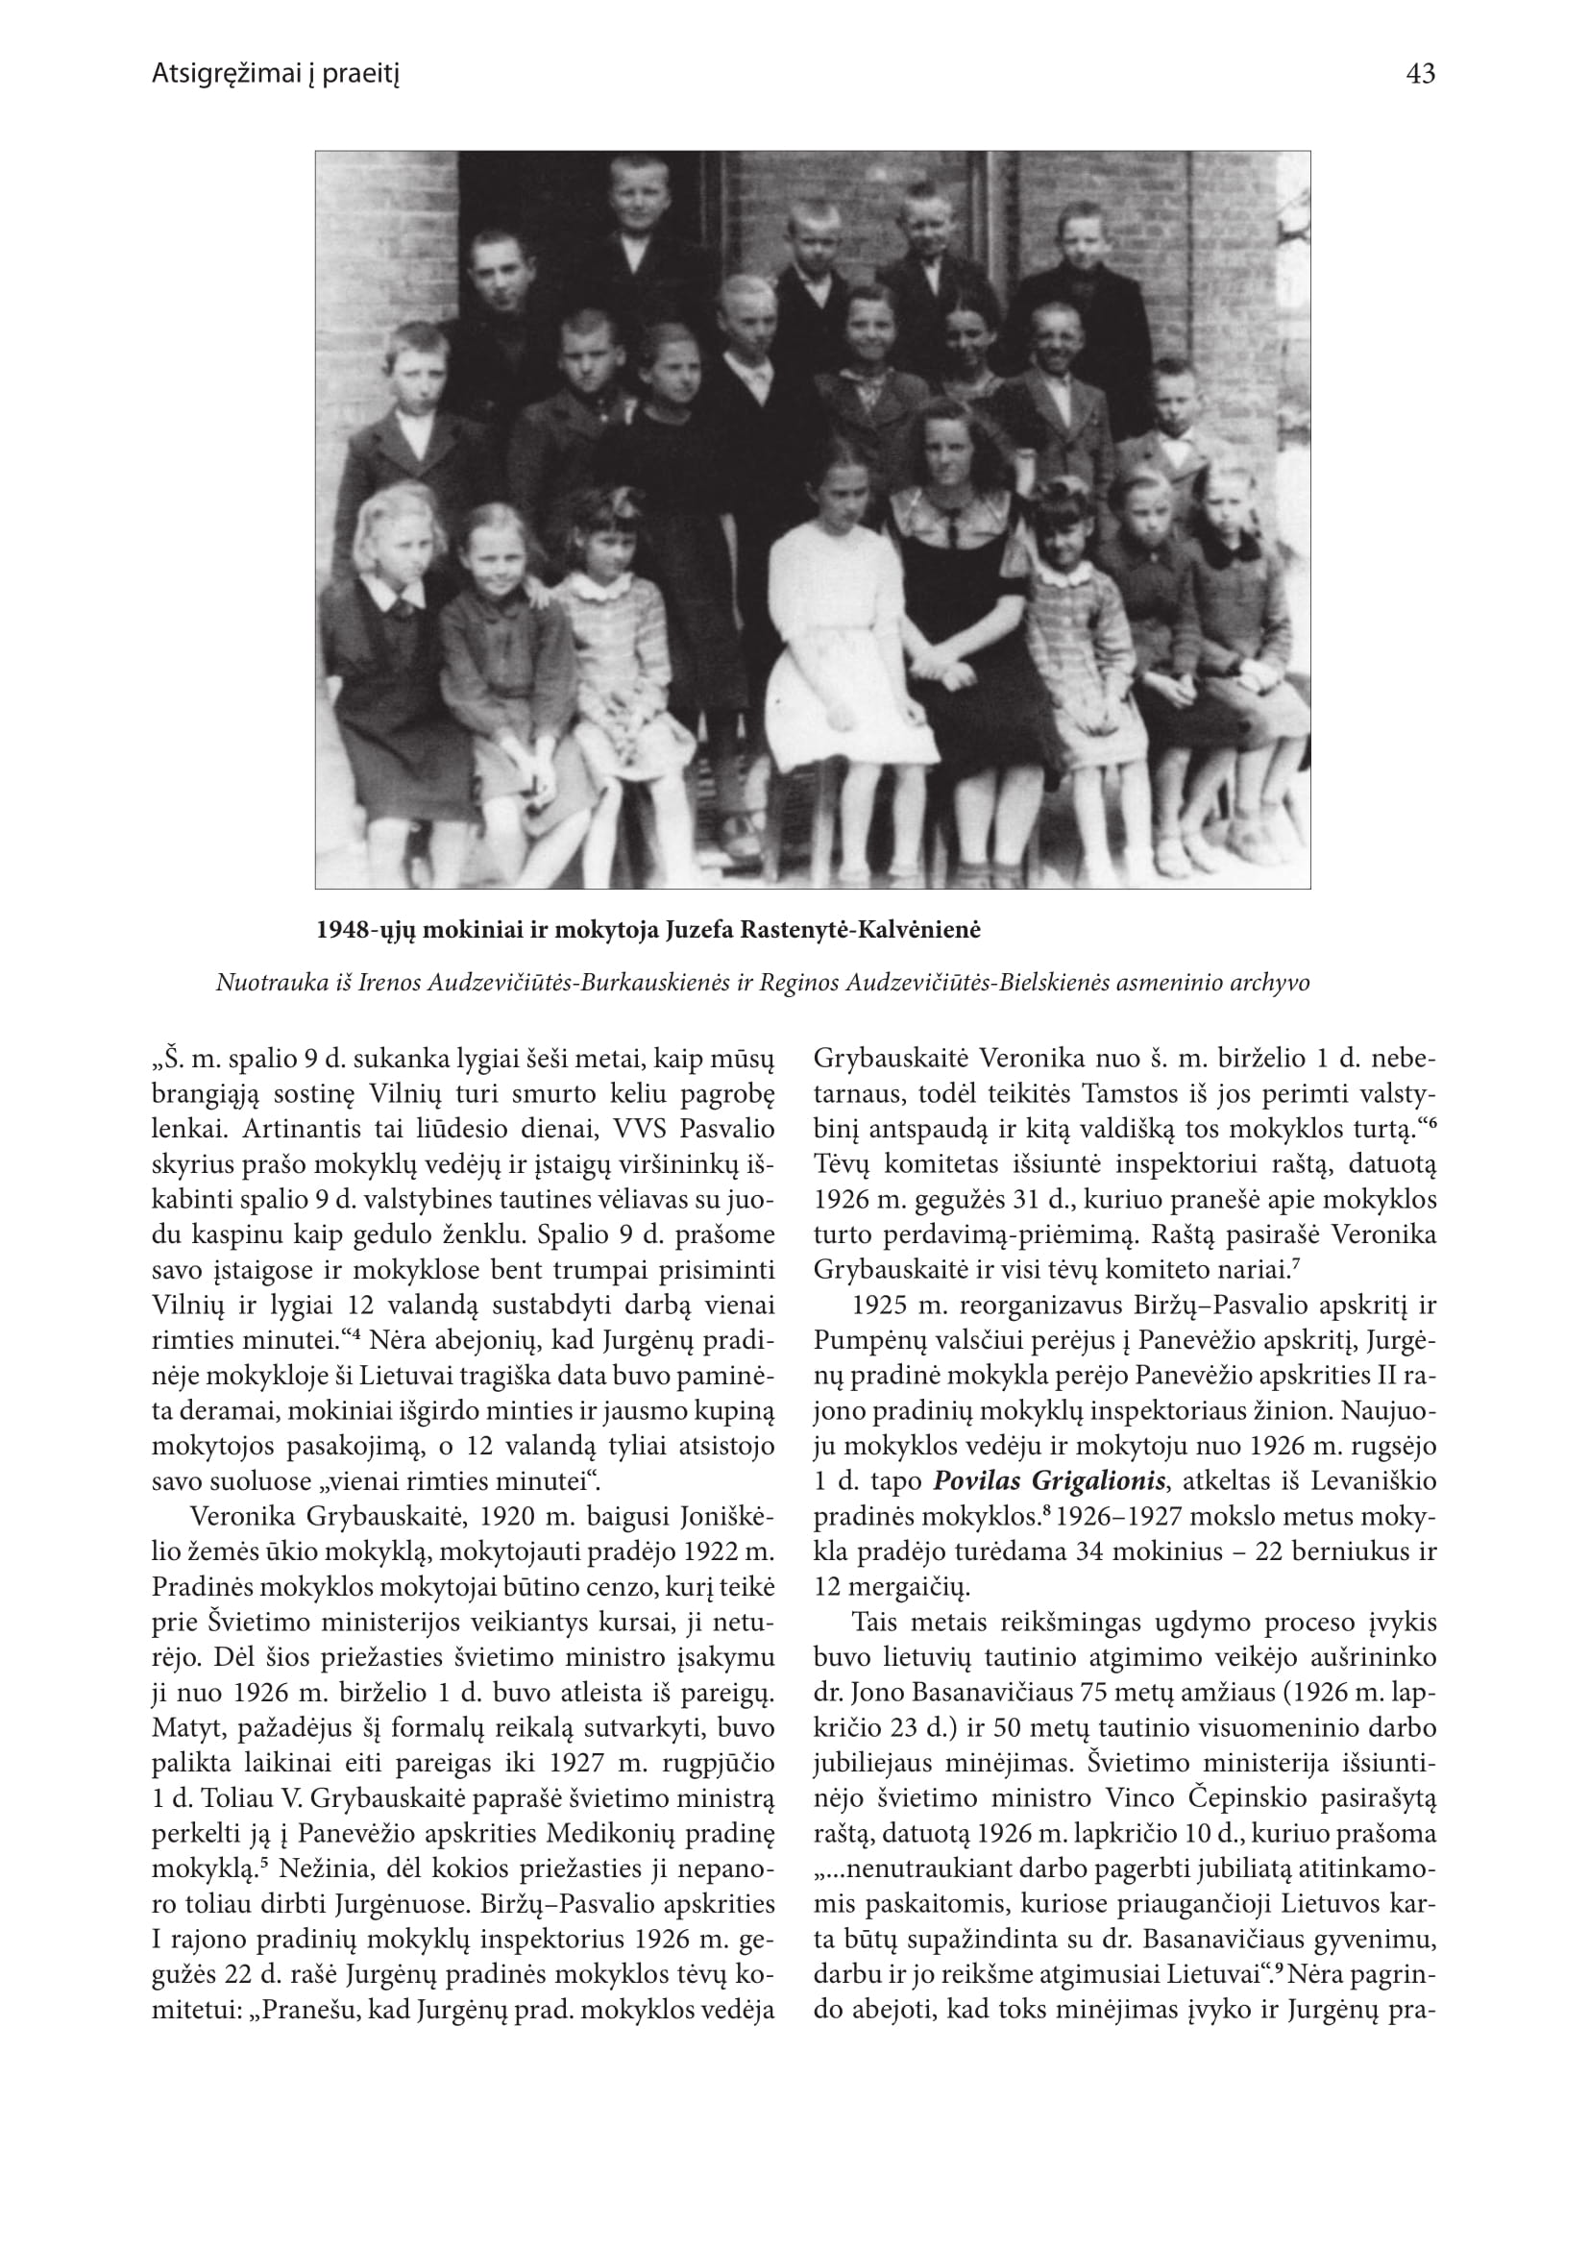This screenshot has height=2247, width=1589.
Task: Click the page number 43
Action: tap(1419, 74)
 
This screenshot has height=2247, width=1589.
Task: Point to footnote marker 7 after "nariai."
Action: tap(1295, 1265)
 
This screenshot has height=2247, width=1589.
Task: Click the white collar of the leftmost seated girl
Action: tap(391, 590)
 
